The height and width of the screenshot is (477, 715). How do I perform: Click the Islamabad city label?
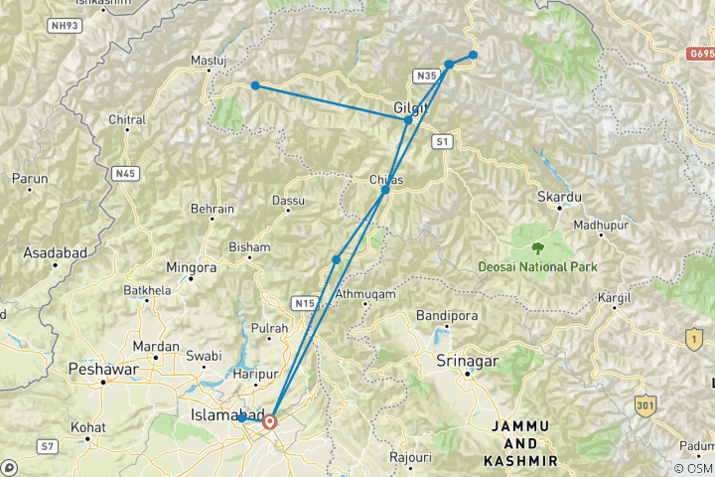point(226,413)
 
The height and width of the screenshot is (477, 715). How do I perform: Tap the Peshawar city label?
point(100,369)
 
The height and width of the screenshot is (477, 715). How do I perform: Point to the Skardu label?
point(559,198)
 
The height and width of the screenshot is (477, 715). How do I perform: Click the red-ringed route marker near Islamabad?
point(269,421)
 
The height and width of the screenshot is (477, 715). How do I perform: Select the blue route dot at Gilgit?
point(408,119)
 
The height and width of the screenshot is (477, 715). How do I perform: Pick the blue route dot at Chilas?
point(385,189)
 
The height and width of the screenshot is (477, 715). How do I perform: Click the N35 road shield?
point(426,76)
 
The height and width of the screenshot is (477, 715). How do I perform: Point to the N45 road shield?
point(124,173)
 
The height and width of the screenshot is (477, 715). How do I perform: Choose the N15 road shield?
point(304,302)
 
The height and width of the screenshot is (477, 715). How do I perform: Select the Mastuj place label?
point(209,61)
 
